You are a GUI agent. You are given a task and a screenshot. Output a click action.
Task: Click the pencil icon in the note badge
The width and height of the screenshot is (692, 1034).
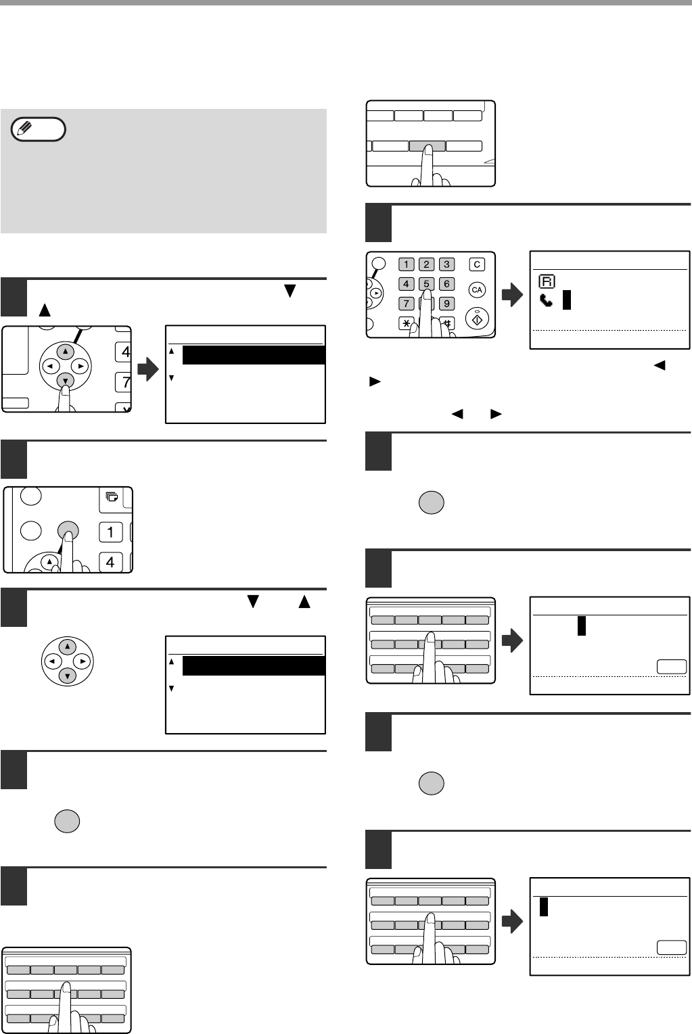coord(24,128)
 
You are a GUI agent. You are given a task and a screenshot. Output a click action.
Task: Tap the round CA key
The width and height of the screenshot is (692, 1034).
coord(477,290)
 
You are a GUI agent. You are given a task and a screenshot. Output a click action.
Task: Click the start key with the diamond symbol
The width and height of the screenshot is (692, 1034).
coord(477,319)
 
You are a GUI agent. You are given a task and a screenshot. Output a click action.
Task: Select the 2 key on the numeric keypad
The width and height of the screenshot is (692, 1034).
coord(426,264)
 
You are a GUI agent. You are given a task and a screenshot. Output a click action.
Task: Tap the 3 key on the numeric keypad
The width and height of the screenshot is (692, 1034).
coord(446,264)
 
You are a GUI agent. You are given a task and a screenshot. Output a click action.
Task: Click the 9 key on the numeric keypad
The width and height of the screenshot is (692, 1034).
coord(446,304)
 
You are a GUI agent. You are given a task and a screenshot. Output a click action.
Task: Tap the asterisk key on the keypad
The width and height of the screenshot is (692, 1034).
coord(406,323)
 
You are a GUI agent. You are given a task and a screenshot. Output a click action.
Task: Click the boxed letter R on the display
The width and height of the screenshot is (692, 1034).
coord(547,281)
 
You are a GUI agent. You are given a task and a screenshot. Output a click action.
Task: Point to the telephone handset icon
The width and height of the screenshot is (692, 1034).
coord(546,300)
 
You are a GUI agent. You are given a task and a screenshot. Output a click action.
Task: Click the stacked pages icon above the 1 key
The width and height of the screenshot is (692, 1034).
coord(112,496)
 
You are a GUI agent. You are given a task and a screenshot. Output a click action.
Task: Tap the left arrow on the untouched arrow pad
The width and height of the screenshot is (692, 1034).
coord(52,661)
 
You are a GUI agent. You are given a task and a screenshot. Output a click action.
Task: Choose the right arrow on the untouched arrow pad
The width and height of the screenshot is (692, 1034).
coord(82,661)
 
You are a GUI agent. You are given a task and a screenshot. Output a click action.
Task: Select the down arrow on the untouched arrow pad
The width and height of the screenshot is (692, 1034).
coord(68,676)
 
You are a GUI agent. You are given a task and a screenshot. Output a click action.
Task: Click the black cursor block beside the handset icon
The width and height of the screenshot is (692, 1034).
coord(567,300)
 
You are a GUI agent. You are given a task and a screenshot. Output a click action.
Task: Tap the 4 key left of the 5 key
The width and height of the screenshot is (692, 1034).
coord(406,284)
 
